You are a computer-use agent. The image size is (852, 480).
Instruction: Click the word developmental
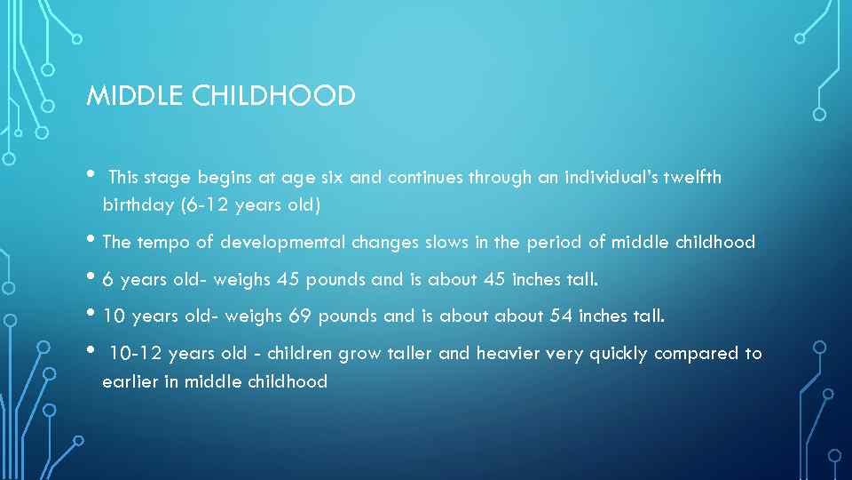pyautogui.click(x=283, y=242)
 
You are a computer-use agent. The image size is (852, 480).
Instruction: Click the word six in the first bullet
pyautogui.click(x=334, y=177)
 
